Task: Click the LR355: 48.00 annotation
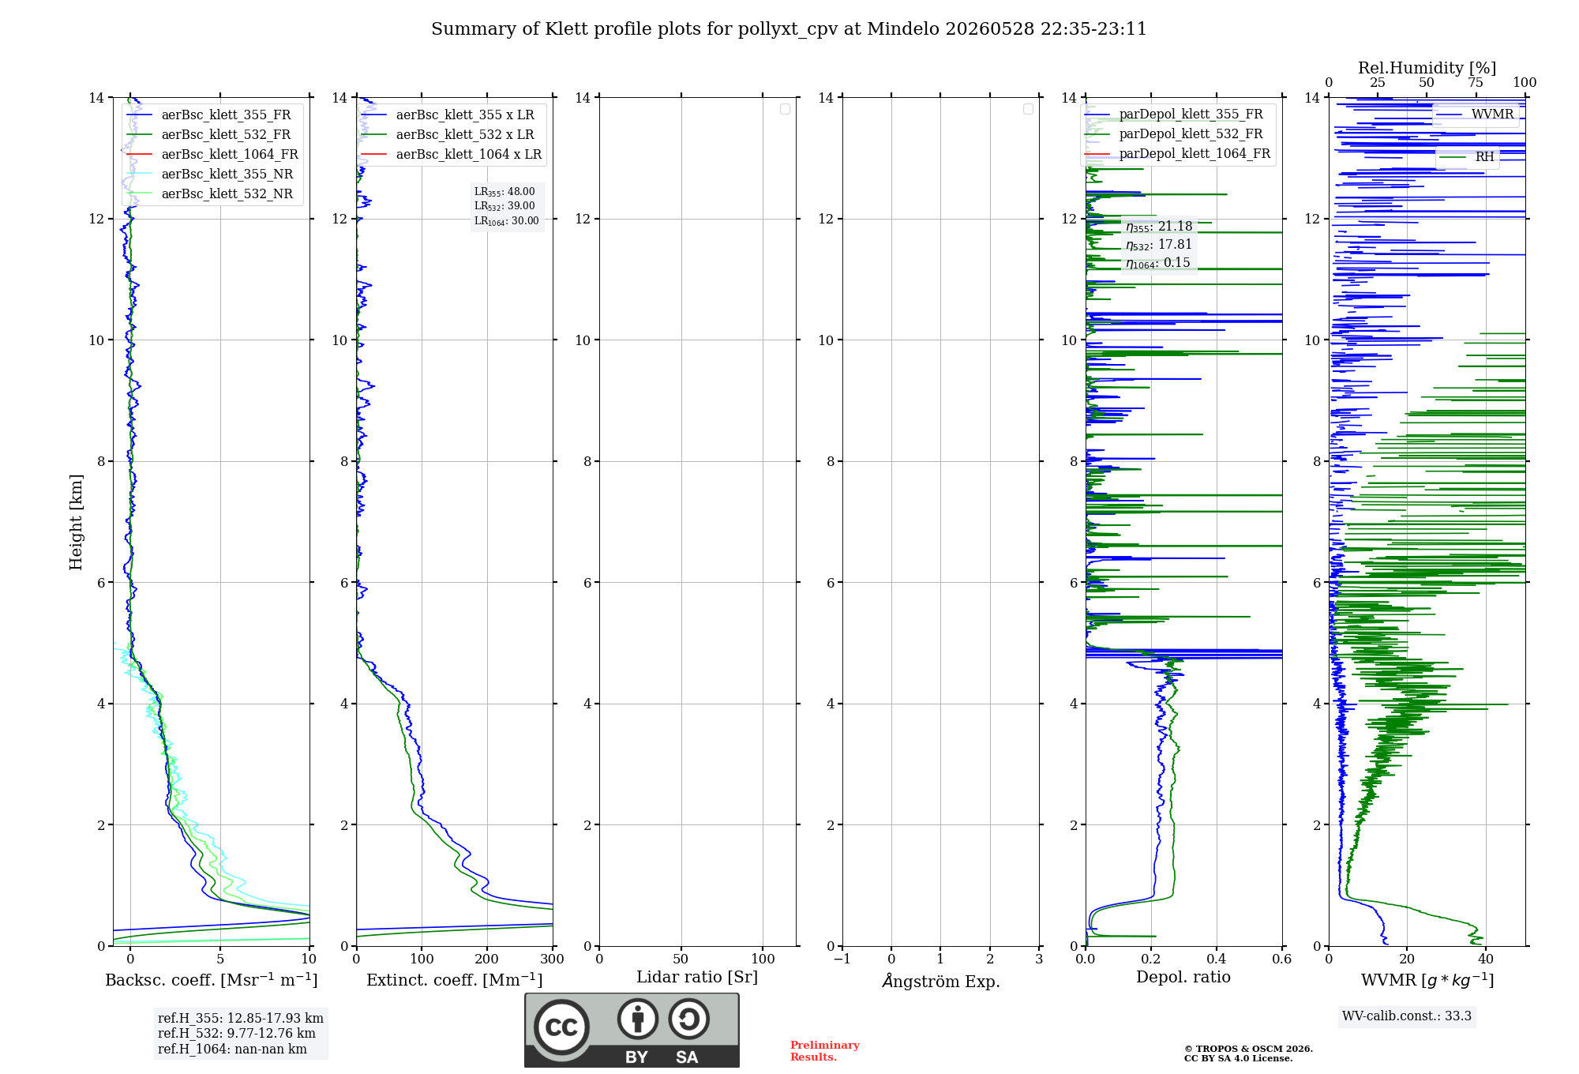click(504, 192)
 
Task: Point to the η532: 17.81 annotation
click(1159, 245)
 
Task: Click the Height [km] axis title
click(76, 522)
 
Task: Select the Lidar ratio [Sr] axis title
click(697, 978)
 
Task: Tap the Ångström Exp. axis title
click(941, 981)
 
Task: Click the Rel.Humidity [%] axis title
click(1427, 68)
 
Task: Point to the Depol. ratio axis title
click(1183, 978)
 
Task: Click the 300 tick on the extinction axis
click(553, 959)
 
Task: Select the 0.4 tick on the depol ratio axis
click(1217, 959)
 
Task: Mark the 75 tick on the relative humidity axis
click(1476, 83)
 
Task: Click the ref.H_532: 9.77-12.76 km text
click(236, 1034)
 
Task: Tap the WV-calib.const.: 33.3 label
click(1407, 1016)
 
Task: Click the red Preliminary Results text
click(825, 1051)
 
